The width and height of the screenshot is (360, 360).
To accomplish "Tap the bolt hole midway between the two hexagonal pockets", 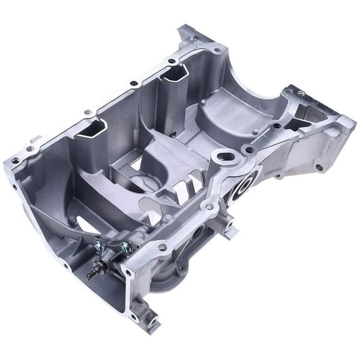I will (133, 83).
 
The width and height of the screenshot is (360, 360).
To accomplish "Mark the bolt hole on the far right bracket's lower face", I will (319, 167).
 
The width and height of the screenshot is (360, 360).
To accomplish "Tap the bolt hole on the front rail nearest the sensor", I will (162, 248).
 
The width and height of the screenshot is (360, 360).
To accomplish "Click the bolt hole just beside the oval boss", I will (248, 150).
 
